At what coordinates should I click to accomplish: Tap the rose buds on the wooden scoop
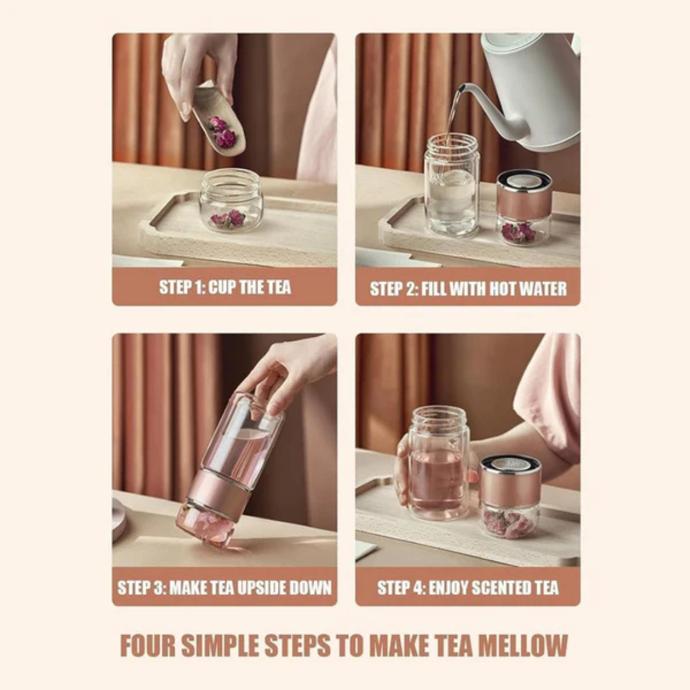tap(222, 132)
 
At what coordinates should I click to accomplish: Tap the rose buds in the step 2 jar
tap(519, 232)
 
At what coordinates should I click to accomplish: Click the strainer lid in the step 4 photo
tap(510, 464)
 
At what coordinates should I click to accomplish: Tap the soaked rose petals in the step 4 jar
tap(509, 523)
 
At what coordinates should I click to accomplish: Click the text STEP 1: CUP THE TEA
tap(225, 287)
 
